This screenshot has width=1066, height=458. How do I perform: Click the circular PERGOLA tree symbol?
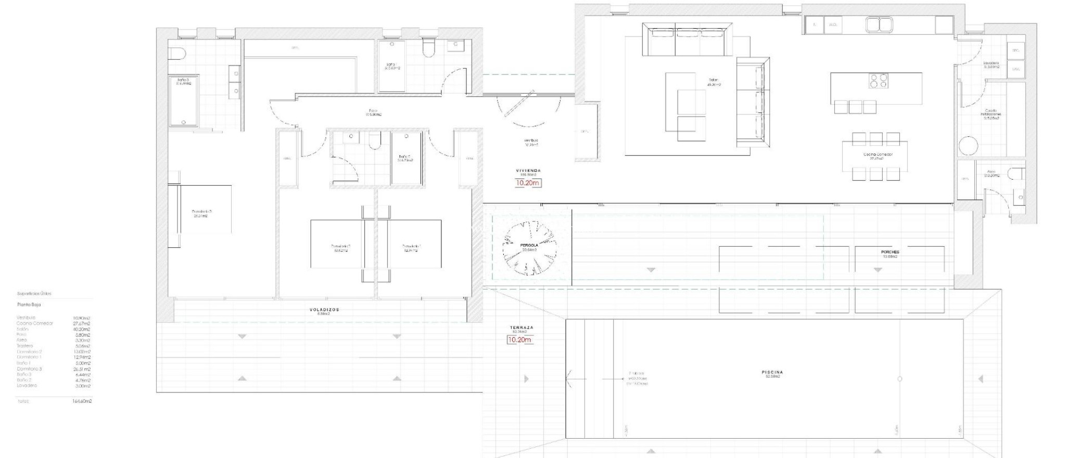[529, 248]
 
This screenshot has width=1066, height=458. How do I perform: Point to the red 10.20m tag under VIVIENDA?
[528, 183]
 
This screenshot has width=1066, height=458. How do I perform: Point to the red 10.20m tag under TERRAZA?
[519, 340]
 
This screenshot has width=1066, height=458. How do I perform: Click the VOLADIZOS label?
[324, 310]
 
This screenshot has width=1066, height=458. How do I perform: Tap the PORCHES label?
[890, 252]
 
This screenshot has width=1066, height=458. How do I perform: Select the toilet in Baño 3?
[177, 54]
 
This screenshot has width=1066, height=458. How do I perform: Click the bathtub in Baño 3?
[183, 101]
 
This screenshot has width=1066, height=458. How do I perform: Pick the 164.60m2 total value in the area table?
[82, 401]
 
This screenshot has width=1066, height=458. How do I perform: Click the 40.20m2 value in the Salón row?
[82, 329]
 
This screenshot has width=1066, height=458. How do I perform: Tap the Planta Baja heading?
[29, 304]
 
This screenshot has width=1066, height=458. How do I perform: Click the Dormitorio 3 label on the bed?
[201, 212]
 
